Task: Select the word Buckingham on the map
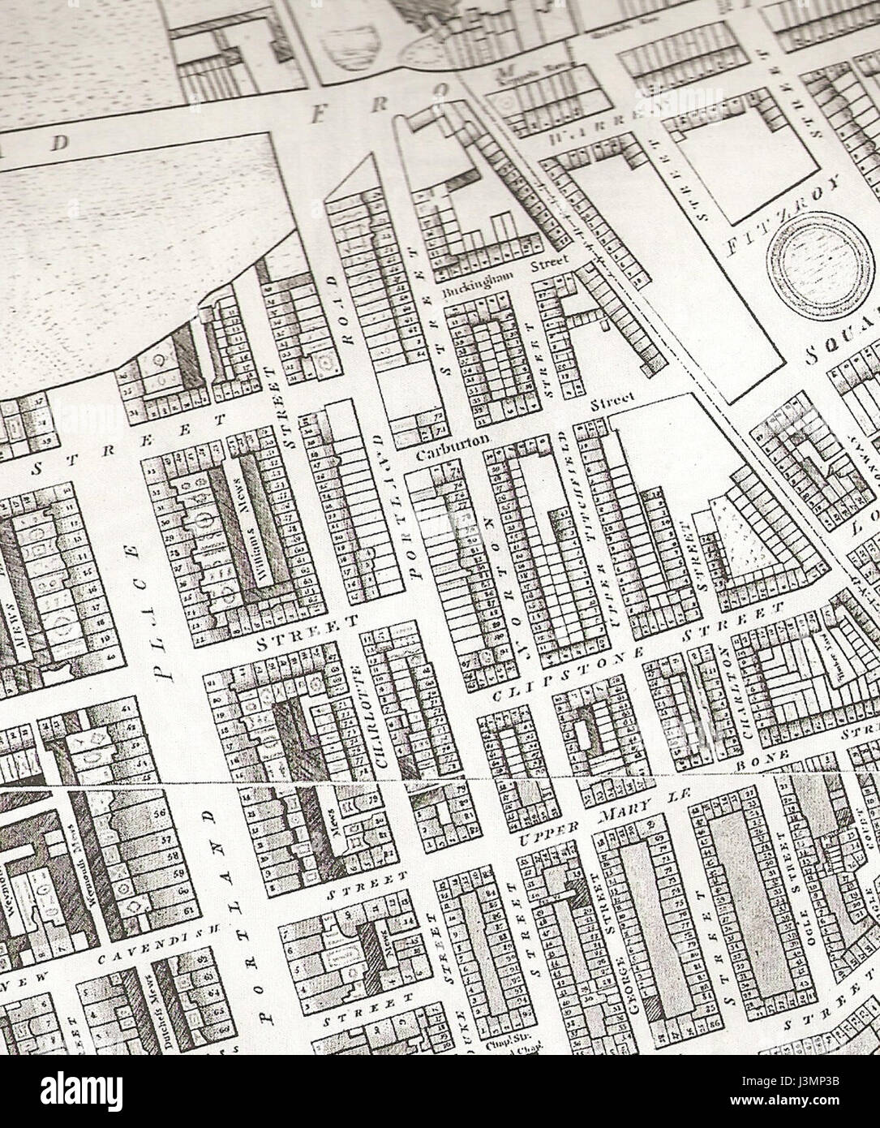pos(472,290)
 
